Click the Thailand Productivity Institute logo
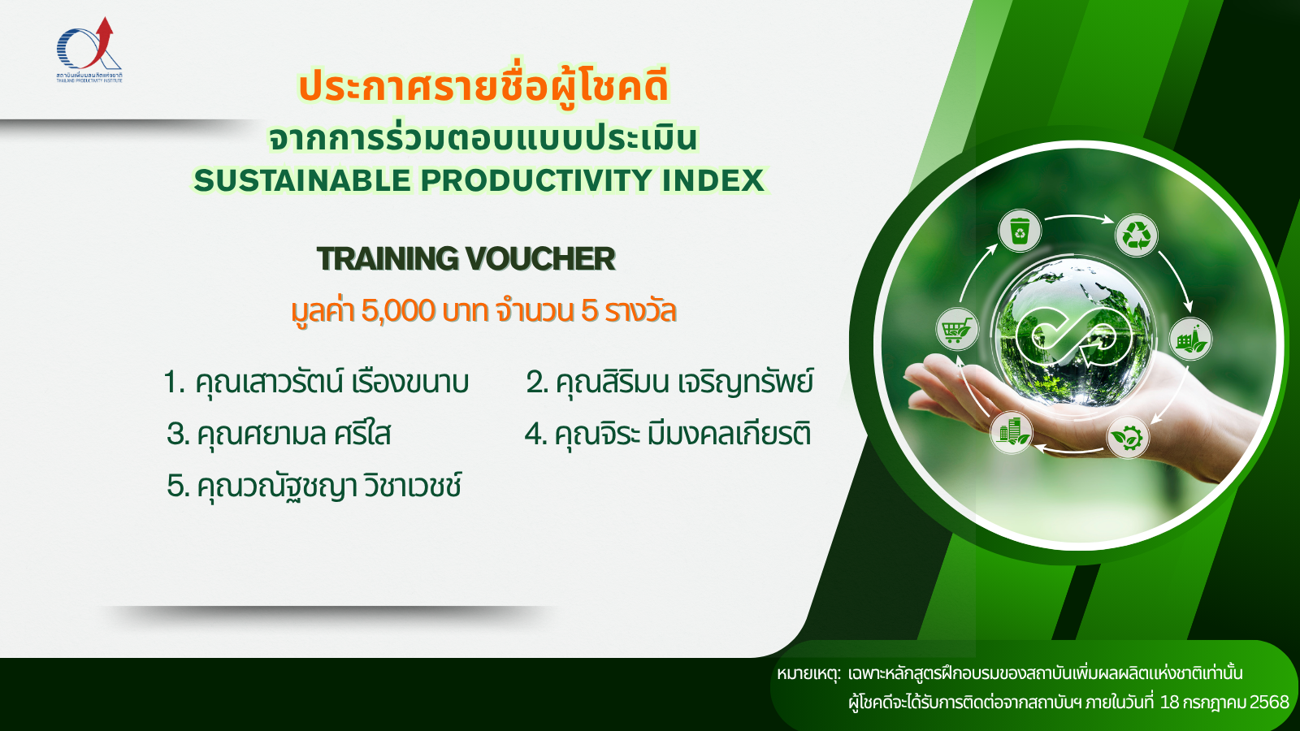click(89, 50)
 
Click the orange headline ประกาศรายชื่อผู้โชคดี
click(483, 86)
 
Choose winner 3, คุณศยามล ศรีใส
click(279, 434)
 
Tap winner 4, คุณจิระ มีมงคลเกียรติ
click(667, 434)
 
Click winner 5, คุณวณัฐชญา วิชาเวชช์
click(314, 486)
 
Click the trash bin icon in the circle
click(1020, 231)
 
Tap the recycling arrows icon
click(1137, 236)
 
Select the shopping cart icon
click(957, 330)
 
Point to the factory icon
click(1190, 339)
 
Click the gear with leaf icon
click(1128, 438)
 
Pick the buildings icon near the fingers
click(1012, 433)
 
